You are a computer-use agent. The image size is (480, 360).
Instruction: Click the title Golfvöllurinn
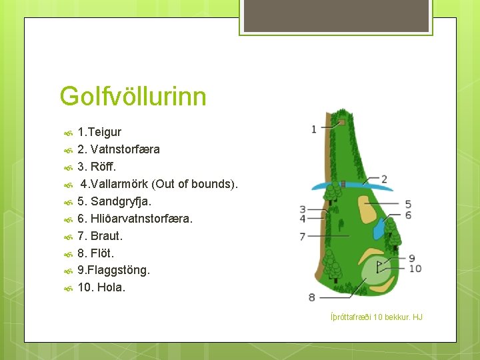click(x=133, y=96)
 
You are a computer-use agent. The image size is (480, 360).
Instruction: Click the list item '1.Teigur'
click(x=99, y=132)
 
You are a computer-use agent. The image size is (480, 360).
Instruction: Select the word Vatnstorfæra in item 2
click(x=125, y=149)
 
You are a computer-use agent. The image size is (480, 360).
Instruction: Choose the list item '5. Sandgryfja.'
click(x=114, y=201)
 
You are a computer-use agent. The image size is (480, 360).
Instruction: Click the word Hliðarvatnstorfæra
click(x=141, y=219)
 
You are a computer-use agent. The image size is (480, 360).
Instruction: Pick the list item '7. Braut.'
click(x=100, y=236)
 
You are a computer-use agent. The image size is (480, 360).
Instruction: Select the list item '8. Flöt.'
click(x=96, y=253)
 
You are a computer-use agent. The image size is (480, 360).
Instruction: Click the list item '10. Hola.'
click(x=101, y=288)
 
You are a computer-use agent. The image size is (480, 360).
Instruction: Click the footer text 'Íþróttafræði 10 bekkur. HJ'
click(x=377, y=317)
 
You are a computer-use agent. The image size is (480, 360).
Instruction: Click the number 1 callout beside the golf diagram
click(x=314, y=129)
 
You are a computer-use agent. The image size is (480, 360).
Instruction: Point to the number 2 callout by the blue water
click(x=384, y=179)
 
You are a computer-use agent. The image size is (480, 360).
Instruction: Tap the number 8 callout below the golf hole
click(x=312, y=297)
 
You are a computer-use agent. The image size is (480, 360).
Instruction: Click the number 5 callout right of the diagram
click(x=408, y=204)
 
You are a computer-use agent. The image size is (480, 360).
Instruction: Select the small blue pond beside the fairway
click(x=378, y=229)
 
